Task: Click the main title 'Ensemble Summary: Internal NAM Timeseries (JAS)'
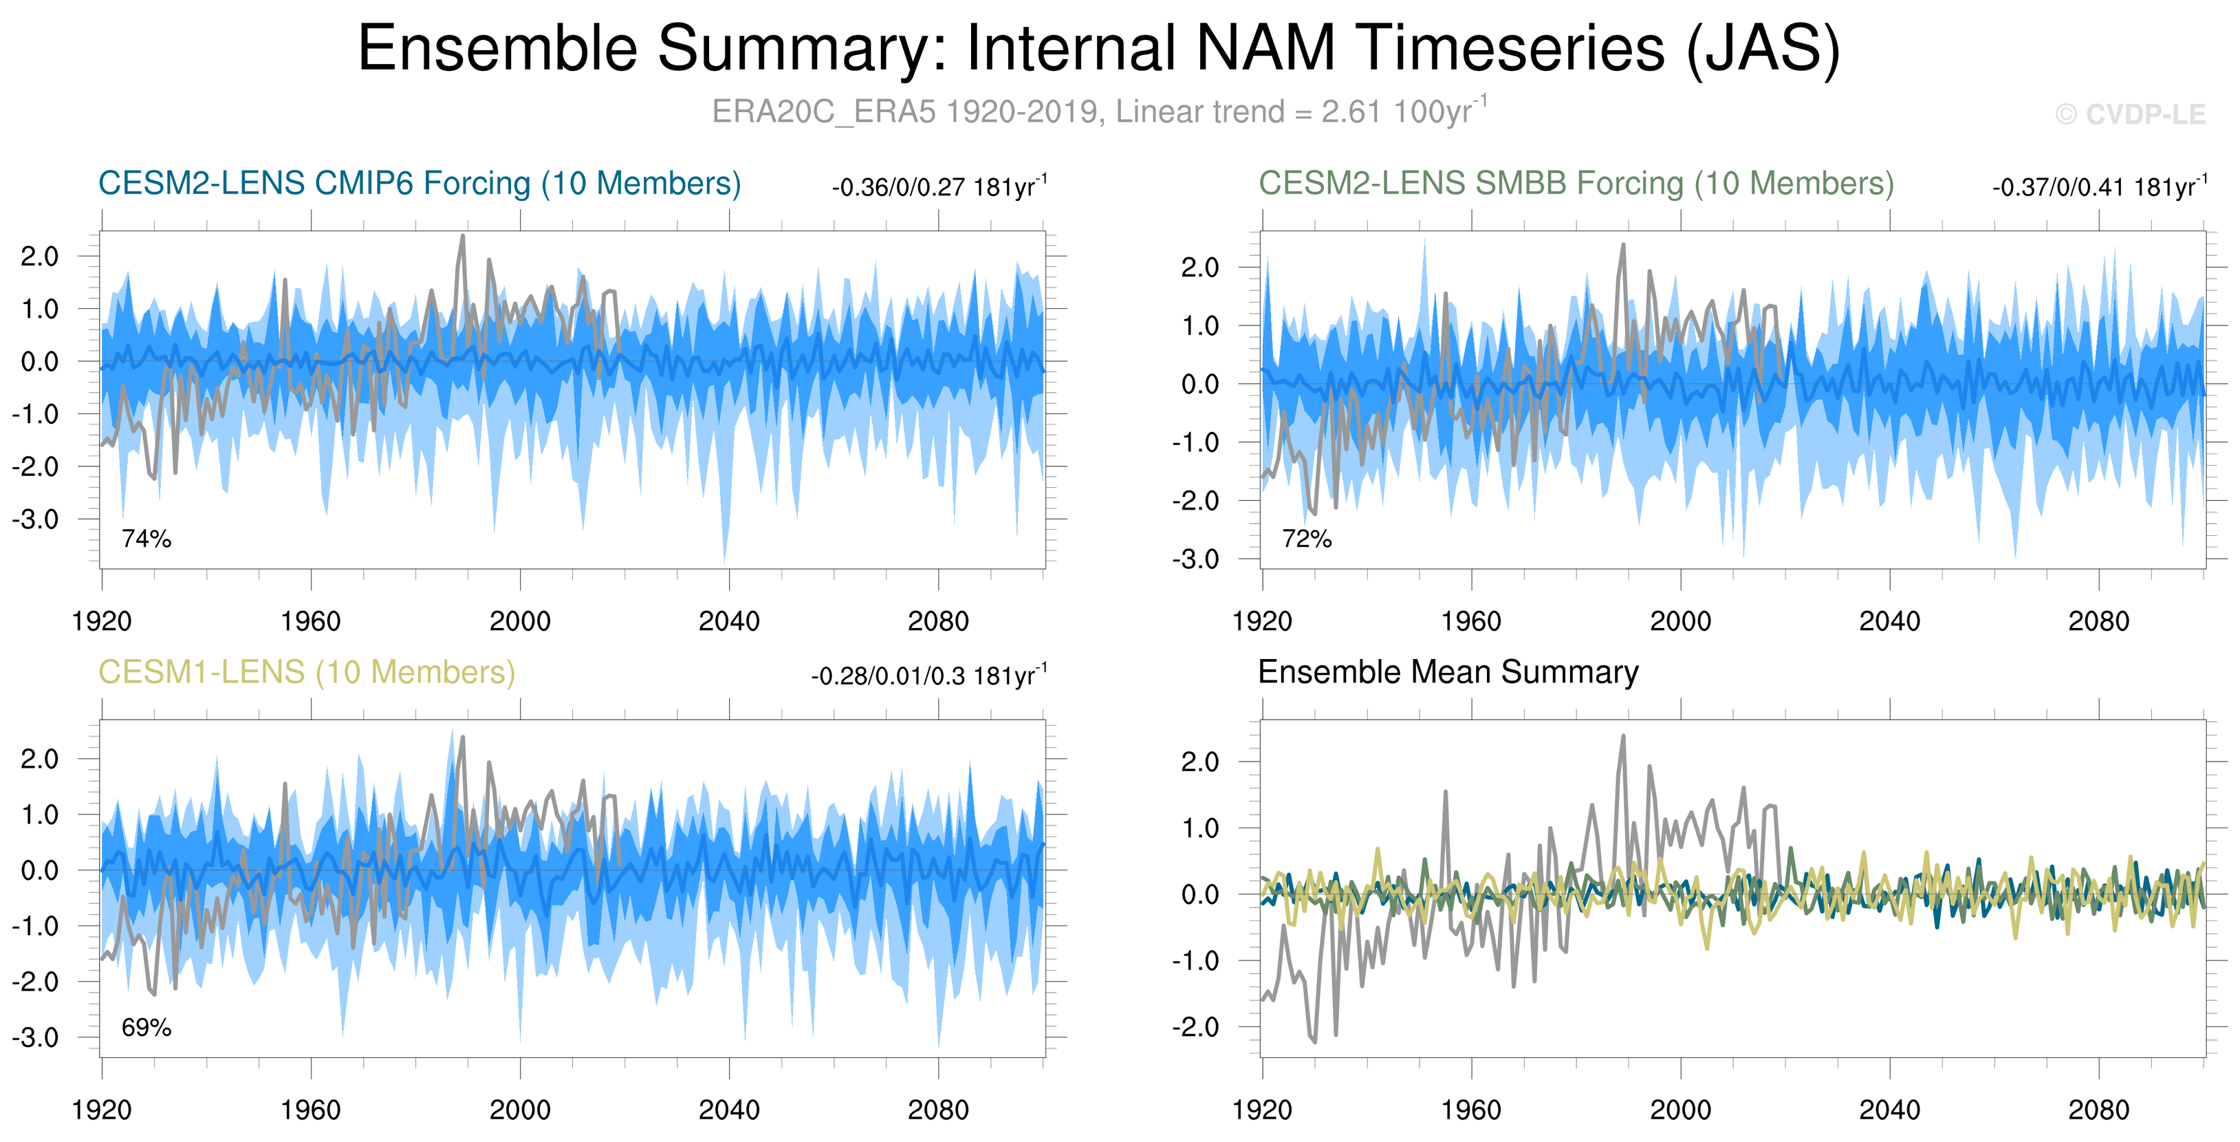(1098, 49)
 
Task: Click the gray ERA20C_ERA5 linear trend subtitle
(1098, 112)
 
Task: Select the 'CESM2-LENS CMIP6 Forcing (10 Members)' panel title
(419, 184)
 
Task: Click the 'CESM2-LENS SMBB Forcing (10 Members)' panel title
(1576, 184)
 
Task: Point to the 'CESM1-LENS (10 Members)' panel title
(306, 672)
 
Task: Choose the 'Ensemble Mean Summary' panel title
(1448, 672)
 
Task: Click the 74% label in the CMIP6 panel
(146, 539)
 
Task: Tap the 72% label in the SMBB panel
(1306, 539)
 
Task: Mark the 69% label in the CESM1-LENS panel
(146, 1028)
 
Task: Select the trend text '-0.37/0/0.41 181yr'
(2098, 188)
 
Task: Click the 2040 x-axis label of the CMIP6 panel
(729, 621)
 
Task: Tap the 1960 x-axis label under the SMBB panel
(1470, 621)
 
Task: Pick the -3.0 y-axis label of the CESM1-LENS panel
(36, 1037)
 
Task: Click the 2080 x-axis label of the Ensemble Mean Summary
(2098, 1110)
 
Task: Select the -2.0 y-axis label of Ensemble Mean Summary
(1195, 1027)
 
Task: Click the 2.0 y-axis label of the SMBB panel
(1200, 268)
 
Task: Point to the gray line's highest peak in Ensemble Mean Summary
(1622, 737)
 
